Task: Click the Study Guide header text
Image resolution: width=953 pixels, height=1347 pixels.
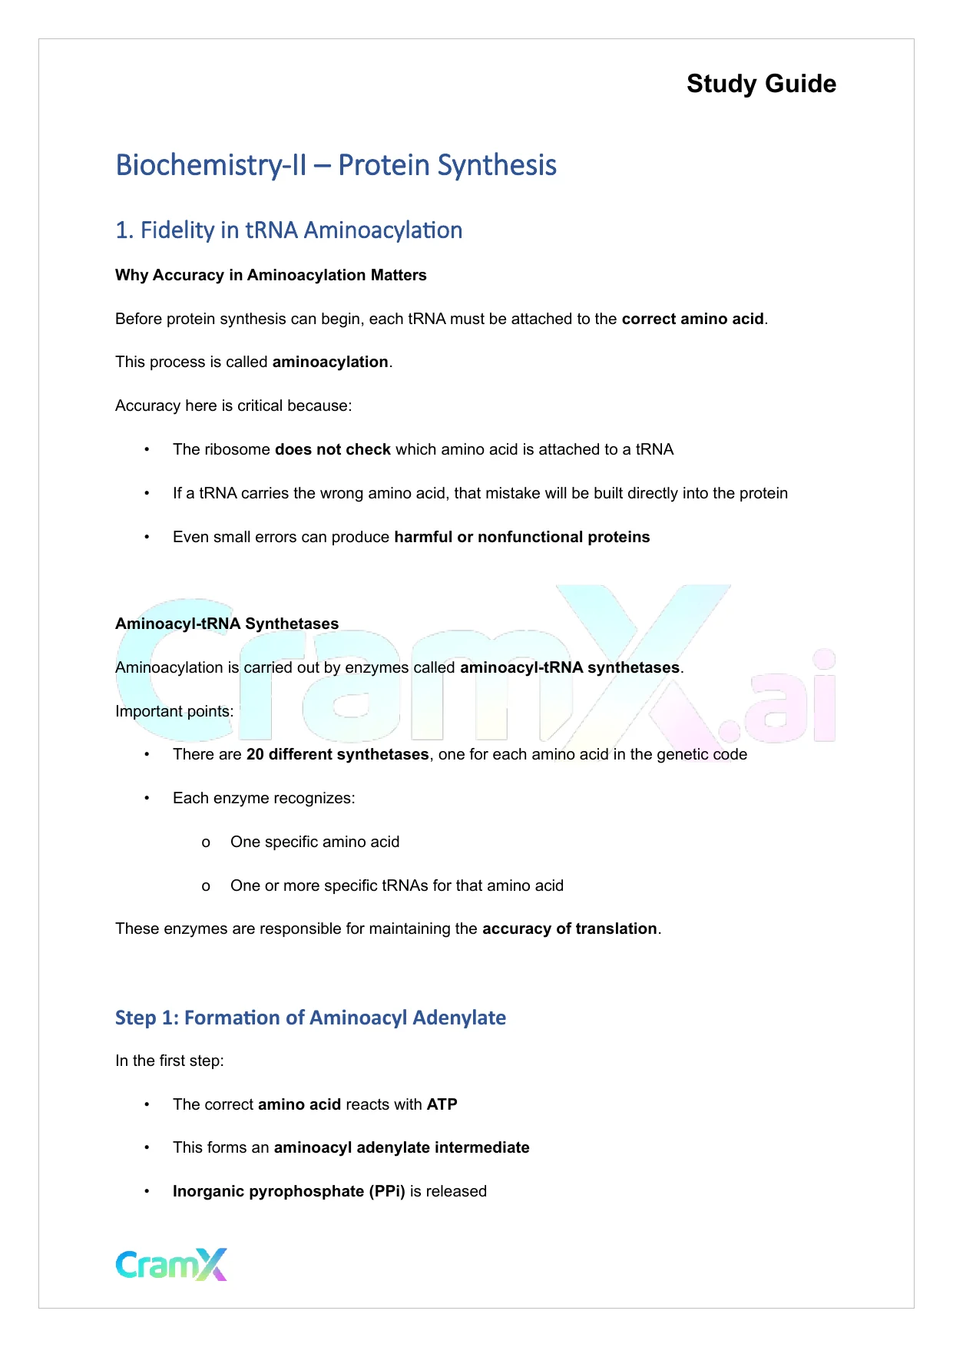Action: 761,84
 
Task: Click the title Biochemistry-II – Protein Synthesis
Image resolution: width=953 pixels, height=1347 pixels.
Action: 336,165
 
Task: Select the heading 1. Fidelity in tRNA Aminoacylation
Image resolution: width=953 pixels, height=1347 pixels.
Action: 289,230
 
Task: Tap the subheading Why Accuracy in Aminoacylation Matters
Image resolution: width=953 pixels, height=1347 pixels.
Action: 270,275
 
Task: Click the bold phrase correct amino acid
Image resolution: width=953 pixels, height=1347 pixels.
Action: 692,319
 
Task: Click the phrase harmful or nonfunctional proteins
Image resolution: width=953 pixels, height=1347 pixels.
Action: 521,537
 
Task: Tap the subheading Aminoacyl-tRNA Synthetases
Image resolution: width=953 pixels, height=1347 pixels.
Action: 227,624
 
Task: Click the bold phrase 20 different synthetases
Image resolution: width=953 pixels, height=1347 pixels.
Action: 337,754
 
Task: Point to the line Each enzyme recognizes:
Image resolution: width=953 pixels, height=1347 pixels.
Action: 263,798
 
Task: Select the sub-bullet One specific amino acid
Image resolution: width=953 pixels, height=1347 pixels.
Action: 315,842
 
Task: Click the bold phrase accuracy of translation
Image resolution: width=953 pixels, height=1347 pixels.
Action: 569,928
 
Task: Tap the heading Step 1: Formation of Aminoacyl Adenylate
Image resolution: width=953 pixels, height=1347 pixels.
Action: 310,1018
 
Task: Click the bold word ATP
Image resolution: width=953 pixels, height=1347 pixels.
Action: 442,1104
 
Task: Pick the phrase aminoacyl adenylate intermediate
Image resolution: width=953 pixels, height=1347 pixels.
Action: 402,1147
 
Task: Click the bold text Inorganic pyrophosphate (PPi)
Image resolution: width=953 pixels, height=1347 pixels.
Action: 289,1191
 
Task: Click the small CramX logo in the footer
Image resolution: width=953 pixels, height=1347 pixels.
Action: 171,1264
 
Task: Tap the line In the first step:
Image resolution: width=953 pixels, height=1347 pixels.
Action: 170,1061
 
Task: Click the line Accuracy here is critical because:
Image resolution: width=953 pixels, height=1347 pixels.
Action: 233,405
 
